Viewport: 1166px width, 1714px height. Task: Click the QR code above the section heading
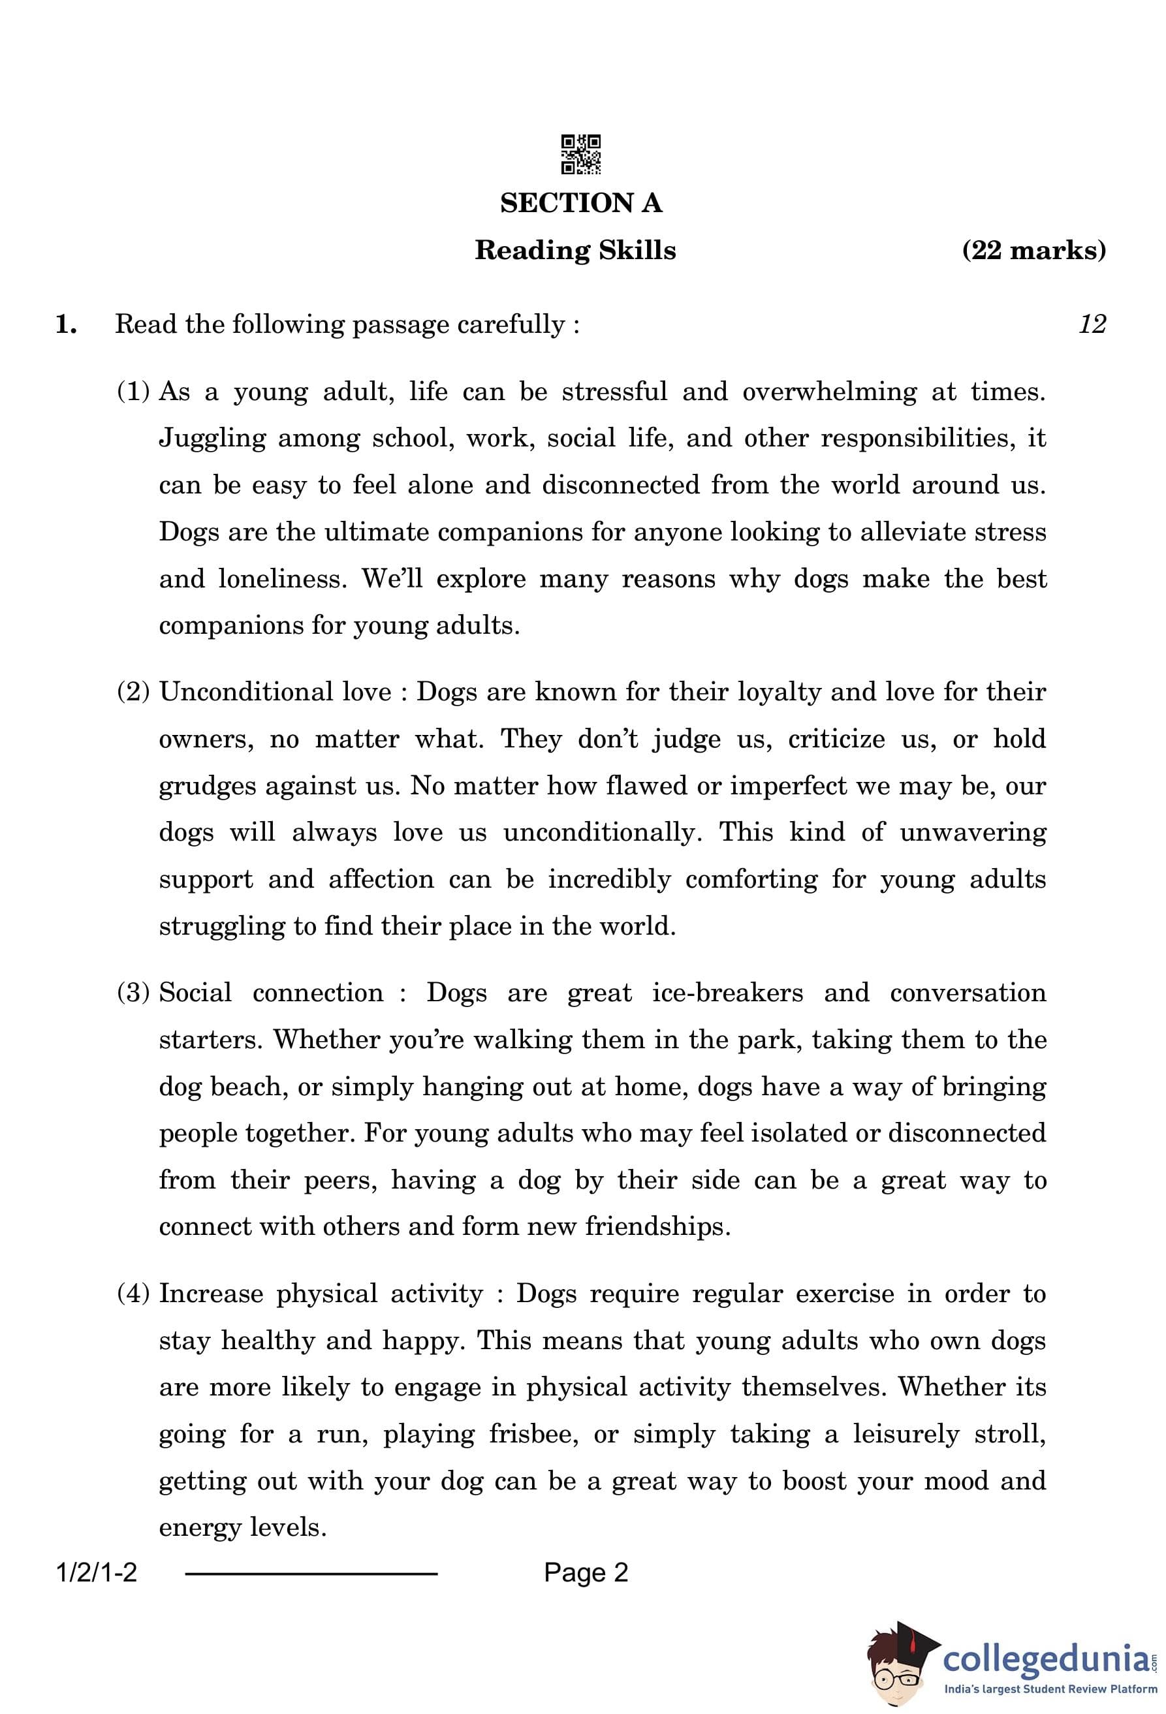click(580, 154)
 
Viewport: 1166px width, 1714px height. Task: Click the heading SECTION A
click(581, 204)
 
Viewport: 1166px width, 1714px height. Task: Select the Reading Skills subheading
click(575, 250)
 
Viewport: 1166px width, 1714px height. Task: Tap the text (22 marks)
click(1033, 250)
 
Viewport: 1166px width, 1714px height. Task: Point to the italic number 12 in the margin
click(1092, 324)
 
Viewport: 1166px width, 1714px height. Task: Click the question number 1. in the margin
click(67, 324)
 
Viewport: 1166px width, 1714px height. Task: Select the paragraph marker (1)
click(133, 391)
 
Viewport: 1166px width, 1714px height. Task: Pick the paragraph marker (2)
click(133, 692)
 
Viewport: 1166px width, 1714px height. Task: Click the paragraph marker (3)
click(133, 993)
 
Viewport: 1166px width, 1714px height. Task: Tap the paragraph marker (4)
click(133, 1294)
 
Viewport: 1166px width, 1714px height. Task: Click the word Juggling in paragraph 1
click(212, 439)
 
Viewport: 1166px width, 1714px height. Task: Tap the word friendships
click(658, 1226)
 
